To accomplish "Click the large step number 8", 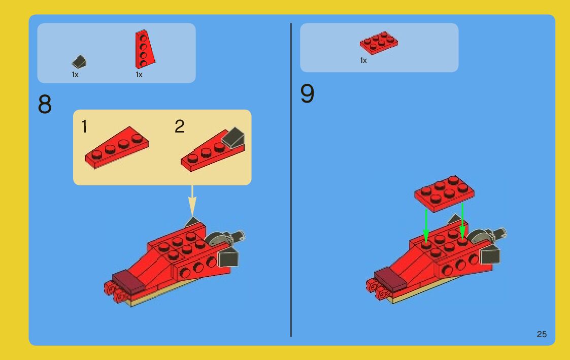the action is tap(45, 105).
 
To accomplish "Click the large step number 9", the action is tap(307, 93).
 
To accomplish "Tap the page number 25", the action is tap(542, 334).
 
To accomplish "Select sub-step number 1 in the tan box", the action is tap(84, 126).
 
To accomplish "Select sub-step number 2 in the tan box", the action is tap(180, 126).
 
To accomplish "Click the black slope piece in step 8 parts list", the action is tap(79, 62).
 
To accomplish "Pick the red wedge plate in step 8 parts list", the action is tap(145, 49).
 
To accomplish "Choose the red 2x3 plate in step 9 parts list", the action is tap(379, 43).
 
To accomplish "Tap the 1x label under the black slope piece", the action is tap(75, 75).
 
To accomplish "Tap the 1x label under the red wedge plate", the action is tap(139, 75).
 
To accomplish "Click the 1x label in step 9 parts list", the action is tap(363, 60).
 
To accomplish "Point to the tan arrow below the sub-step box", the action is tap(192, 201).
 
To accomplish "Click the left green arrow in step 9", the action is tap(426, 225).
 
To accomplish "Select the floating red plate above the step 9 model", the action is tap(445, 193).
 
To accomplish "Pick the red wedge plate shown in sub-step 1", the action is tap(117, 147).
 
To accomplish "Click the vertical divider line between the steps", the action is tap(291, 180).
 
